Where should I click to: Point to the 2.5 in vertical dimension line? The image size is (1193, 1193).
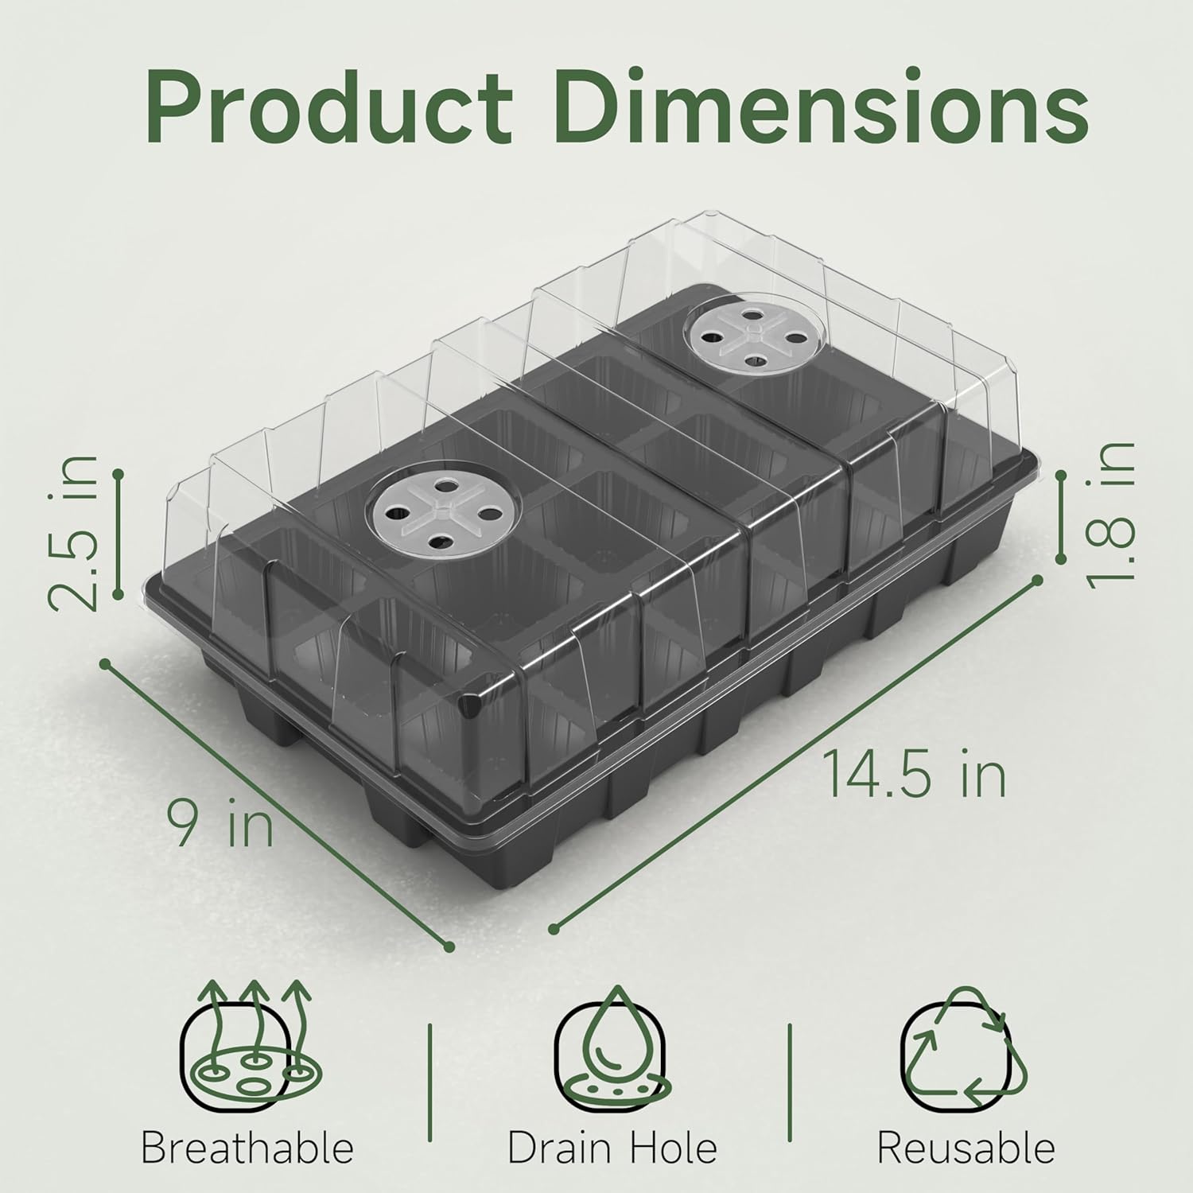(x=118, y=534)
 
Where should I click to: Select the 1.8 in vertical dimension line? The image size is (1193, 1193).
(x=1061, y=517)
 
